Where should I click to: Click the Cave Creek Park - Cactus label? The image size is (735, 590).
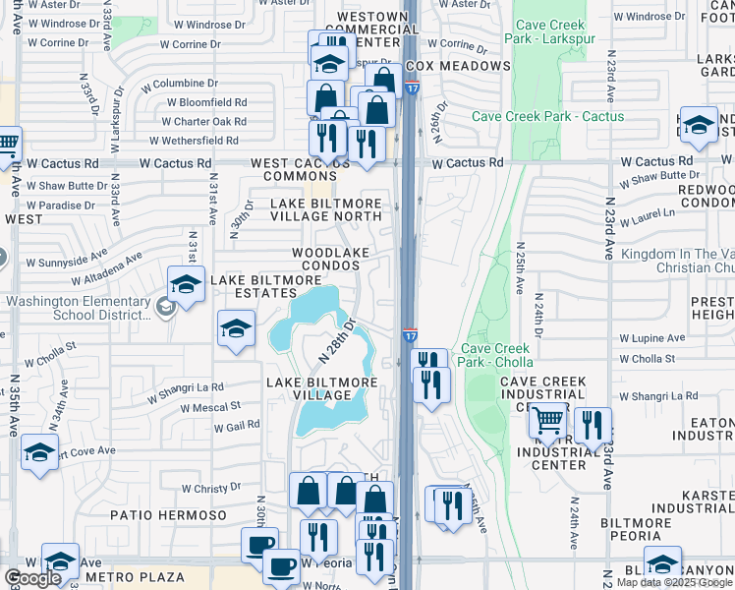pyautogui.click(x=547, y=116)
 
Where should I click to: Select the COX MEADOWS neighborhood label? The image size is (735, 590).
pyautogui.click(x=458, y=66)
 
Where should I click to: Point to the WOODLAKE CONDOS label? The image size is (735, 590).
pyautogui.click(x=330, y=260)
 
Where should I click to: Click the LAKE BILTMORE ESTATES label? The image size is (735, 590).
pyautogui.click(x=254, y=286)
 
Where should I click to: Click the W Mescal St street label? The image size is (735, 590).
pyautogui.click(x=208, y=406)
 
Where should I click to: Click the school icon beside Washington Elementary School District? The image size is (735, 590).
pyautogui.click(x=186, y=285)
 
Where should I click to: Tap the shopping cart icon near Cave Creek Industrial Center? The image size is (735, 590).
pyautogui.click(x=547, y=422)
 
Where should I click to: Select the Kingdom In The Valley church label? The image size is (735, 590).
pyautogui.click(x=677, y=261)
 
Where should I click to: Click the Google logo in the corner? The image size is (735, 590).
pyautogui.click(x=32, y=578)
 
